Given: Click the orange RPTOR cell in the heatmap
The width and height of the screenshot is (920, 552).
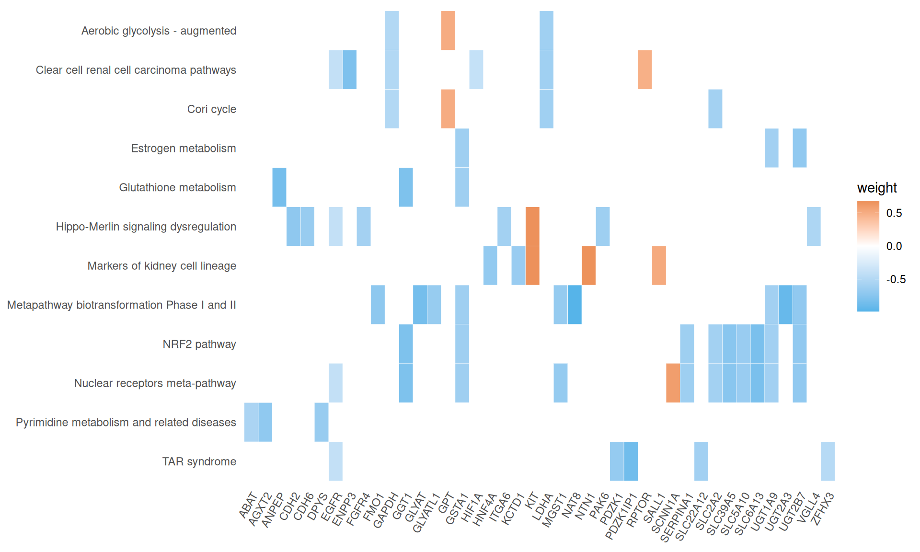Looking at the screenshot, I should coord(644,69).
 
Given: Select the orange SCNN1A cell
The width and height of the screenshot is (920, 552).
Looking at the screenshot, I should coord(673,383).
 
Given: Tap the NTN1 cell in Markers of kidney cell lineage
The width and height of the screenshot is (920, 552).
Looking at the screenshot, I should coord(588,265).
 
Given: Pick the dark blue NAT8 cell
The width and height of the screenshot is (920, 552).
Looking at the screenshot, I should coord(575,305).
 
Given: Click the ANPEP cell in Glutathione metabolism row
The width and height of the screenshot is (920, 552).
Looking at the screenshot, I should coord(279,187).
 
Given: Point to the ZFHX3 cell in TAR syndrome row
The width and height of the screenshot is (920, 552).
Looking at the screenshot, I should coord(828,461).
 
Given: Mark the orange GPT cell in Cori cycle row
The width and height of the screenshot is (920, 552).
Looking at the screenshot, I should coord(448,109).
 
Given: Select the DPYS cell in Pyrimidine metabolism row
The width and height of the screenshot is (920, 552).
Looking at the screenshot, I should coord(322,422).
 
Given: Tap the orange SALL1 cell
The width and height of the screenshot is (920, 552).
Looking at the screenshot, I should coord(659,265).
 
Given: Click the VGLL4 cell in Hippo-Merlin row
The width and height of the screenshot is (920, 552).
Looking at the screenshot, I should coord(814,226).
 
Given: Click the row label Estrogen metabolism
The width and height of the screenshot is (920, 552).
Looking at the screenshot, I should coord(184,149).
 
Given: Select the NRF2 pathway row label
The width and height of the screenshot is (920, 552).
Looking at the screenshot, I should coord(199,345).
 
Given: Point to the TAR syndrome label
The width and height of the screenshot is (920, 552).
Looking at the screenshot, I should coord(199,462).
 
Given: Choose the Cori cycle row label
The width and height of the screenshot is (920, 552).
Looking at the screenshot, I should coord(211,109).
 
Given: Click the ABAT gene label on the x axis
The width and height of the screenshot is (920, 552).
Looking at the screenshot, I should coord(248,506).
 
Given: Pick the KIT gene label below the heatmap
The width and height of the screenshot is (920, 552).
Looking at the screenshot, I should coord(531,501).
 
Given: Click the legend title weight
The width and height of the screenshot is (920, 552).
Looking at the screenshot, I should coord(876,188).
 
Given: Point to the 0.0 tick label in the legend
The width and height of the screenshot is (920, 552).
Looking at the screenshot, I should coord(894,246).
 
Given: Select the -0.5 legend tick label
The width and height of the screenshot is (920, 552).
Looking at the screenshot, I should coord(896,279).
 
